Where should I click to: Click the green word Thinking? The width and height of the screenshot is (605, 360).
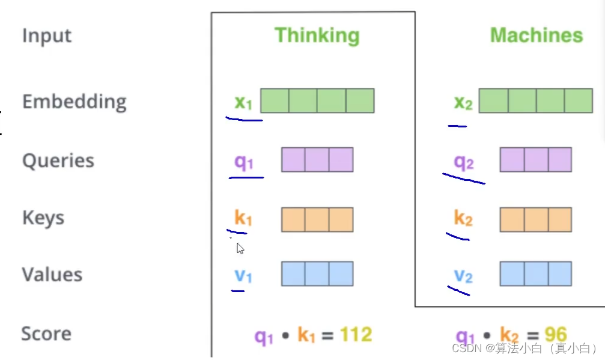(x=317, y=35)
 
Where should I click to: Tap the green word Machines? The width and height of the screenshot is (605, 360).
(x=536, y=35)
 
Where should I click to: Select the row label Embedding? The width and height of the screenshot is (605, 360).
(x=74, y=102)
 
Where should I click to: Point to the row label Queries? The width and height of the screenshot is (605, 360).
(x=58, y=161)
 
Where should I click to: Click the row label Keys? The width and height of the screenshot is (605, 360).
(x=43, y=218)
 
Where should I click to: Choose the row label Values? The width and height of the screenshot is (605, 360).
(x=52, y=275)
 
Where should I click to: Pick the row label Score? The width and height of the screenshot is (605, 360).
(x=46, y=334)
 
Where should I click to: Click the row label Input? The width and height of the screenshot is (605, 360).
(x=47, y=35)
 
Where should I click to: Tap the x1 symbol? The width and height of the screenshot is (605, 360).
(x=243, y=103)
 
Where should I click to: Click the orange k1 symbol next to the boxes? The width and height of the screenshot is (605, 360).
(x=243, y=219)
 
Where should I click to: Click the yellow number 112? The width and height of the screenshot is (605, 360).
(x=356, y=335)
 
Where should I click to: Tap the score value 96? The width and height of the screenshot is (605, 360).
(x=556, y=335)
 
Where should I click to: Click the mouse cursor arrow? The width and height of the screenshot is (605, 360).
(x=240, y=248)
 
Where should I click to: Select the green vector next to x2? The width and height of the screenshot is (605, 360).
(x=536, y=100)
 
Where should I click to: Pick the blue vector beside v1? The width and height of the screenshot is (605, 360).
(x=317, y=274)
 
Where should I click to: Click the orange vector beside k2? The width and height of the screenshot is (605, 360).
(x=535, y=219)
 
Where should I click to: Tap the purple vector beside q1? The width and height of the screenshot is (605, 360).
(x=317, y=160)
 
